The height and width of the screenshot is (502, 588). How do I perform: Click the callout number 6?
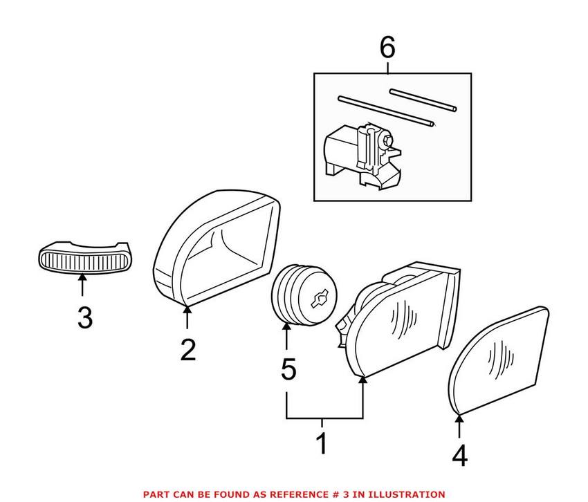coord(387,48)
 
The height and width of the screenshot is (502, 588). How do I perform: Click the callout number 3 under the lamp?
coord(84,318)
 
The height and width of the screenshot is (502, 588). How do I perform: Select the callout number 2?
coord(187,349)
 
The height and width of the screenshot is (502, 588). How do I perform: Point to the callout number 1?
coord(321,443)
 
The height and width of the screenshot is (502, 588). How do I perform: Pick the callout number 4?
coord(459,456)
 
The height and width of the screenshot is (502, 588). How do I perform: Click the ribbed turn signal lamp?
coord(83,259)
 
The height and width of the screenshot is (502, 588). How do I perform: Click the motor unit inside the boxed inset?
coord(360,152)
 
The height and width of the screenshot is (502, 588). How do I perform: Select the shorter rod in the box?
coord(423,99)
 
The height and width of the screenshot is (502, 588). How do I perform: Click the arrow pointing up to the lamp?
coord(83,285)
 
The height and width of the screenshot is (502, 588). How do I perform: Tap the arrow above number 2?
coord(187,316)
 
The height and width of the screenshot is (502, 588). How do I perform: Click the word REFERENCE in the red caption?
coord(268,494)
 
